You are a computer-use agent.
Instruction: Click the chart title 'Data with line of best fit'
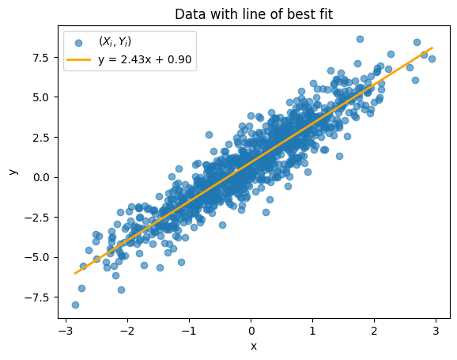(x=254, y=14)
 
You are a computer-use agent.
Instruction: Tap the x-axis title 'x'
(x=254, y=347)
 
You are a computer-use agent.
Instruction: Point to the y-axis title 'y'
(x=13, y=172)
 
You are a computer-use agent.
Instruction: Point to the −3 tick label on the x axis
(x=66, y=331)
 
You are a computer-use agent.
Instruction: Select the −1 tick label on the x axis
(x=189, y=331)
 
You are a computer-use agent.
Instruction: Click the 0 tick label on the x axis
(x=251, y=331)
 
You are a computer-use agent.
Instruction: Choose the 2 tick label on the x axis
(x=374, y=331)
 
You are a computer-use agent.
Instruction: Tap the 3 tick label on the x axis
(x=436, y=331)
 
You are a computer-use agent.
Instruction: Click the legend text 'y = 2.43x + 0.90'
(x=145, y=59)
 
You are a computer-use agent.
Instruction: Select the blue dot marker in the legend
(x=78, y=44)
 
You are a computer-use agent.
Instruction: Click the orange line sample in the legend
(x=79, y=59)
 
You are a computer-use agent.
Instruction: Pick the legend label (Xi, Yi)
(x=115, y=42)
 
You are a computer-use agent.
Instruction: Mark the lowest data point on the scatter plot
(x=75, y=305)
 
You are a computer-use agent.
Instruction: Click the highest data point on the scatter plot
(x=360, y=39)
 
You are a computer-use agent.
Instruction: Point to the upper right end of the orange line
(x=432, y=47)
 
